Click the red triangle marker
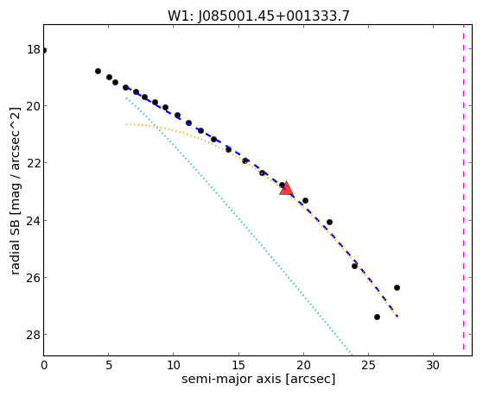point(287,189)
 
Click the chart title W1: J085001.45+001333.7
point(258,16)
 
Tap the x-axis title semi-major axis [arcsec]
point(258,379)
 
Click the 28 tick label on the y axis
point(34,335)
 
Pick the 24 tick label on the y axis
point(34,221)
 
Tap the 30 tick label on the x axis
point(433,365)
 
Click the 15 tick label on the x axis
point(238,365)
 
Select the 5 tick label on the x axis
point(108,365)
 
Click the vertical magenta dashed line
point(463,190)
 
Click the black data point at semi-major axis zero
point(44,50)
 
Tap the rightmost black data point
point(397,287)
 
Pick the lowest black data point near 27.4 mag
point(377,317)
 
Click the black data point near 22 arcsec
point(329,222)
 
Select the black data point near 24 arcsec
point(354,266)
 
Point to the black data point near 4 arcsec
point(98,71)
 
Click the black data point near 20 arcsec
point(305,201)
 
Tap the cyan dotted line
point(238,225)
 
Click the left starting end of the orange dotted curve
point(126,124)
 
